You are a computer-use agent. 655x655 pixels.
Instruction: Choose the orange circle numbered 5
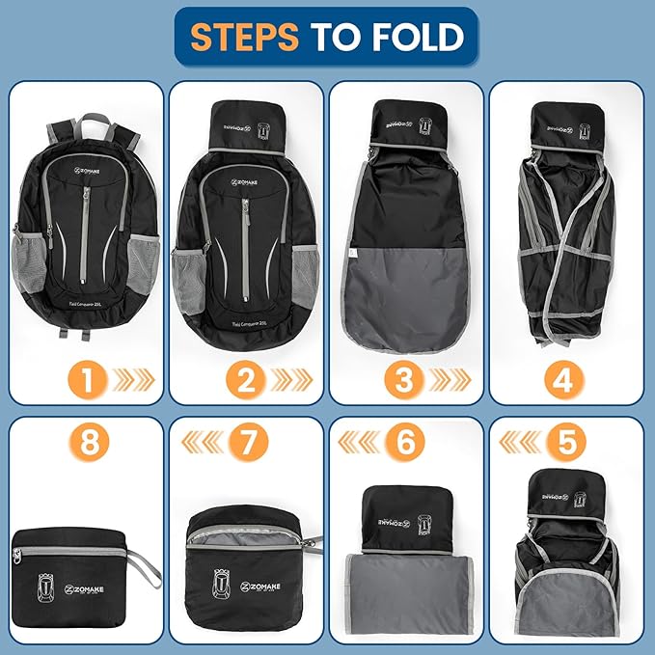click(x=566, y=443)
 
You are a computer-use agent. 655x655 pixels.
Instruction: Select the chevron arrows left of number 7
click(x=202, y=443)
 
